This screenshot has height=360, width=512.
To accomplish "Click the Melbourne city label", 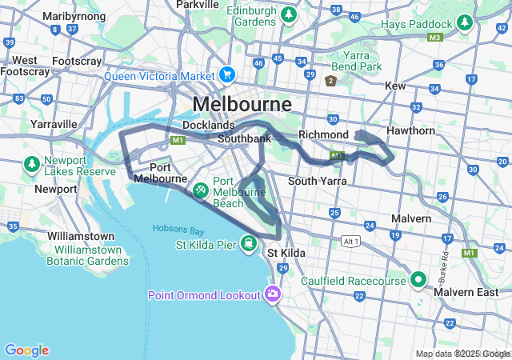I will point(242,104).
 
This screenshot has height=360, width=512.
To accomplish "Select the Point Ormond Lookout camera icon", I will point(274,294).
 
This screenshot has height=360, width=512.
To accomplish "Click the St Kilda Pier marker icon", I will point(250,243).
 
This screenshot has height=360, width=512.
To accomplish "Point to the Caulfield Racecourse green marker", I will point(417,280).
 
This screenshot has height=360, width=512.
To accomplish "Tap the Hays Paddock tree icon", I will point(465,25).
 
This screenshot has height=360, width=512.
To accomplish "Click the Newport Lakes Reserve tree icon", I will point(32,164).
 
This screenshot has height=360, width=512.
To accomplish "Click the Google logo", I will point(26,350).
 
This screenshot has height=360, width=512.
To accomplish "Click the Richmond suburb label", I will point(323,134).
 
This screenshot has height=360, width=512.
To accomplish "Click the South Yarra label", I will point(317,182).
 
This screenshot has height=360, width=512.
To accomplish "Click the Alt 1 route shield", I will point(349,241).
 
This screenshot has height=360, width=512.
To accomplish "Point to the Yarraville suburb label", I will point(54,124).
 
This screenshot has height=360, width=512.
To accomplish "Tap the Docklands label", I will point(208,126).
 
